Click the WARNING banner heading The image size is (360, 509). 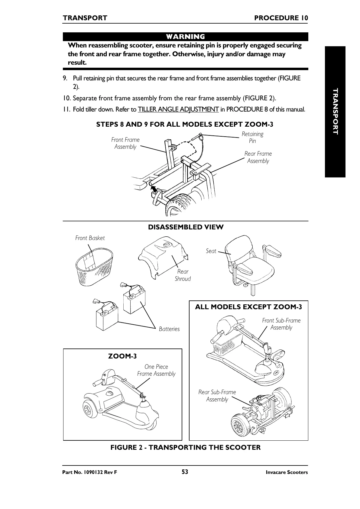[185, 37]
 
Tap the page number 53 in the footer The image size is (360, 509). [185, 472]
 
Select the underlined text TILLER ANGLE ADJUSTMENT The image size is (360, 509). [178, 109]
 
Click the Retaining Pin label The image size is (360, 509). [252, 137]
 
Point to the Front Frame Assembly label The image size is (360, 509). [125, 143]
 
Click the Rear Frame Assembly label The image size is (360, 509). [258, 157]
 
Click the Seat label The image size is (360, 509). [211, 251]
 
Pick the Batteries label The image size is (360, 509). [169, 329]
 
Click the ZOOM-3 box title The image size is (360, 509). [122, 356]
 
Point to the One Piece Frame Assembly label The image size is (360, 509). [156, 370]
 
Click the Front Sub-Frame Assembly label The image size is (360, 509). [281, 324]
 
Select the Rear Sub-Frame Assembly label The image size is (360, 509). [217, 396]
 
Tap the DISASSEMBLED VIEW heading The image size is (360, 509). [186, 227]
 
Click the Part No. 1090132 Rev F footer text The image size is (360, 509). [89, 472]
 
